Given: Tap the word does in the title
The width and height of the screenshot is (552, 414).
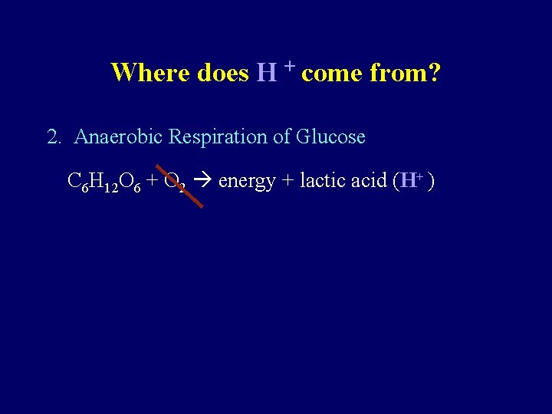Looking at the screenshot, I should click(223, 73).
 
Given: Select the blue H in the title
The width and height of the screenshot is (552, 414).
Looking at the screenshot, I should click(267, 73).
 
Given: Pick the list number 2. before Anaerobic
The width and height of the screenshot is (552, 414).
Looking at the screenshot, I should click(54, 137).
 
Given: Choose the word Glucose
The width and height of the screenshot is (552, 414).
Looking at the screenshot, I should click(331, 137).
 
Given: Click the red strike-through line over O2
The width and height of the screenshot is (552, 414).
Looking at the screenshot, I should click(179, 186).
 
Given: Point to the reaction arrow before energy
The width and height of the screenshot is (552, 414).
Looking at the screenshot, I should click(205, 182).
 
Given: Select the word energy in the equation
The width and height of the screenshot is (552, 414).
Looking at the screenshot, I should click(247, 182).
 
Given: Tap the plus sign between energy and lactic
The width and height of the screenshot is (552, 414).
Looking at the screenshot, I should click(287, 182).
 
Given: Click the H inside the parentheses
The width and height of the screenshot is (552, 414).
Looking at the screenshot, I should click(409, 181).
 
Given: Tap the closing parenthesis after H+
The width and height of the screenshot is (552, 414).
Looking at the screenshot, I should click(433, 182).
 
